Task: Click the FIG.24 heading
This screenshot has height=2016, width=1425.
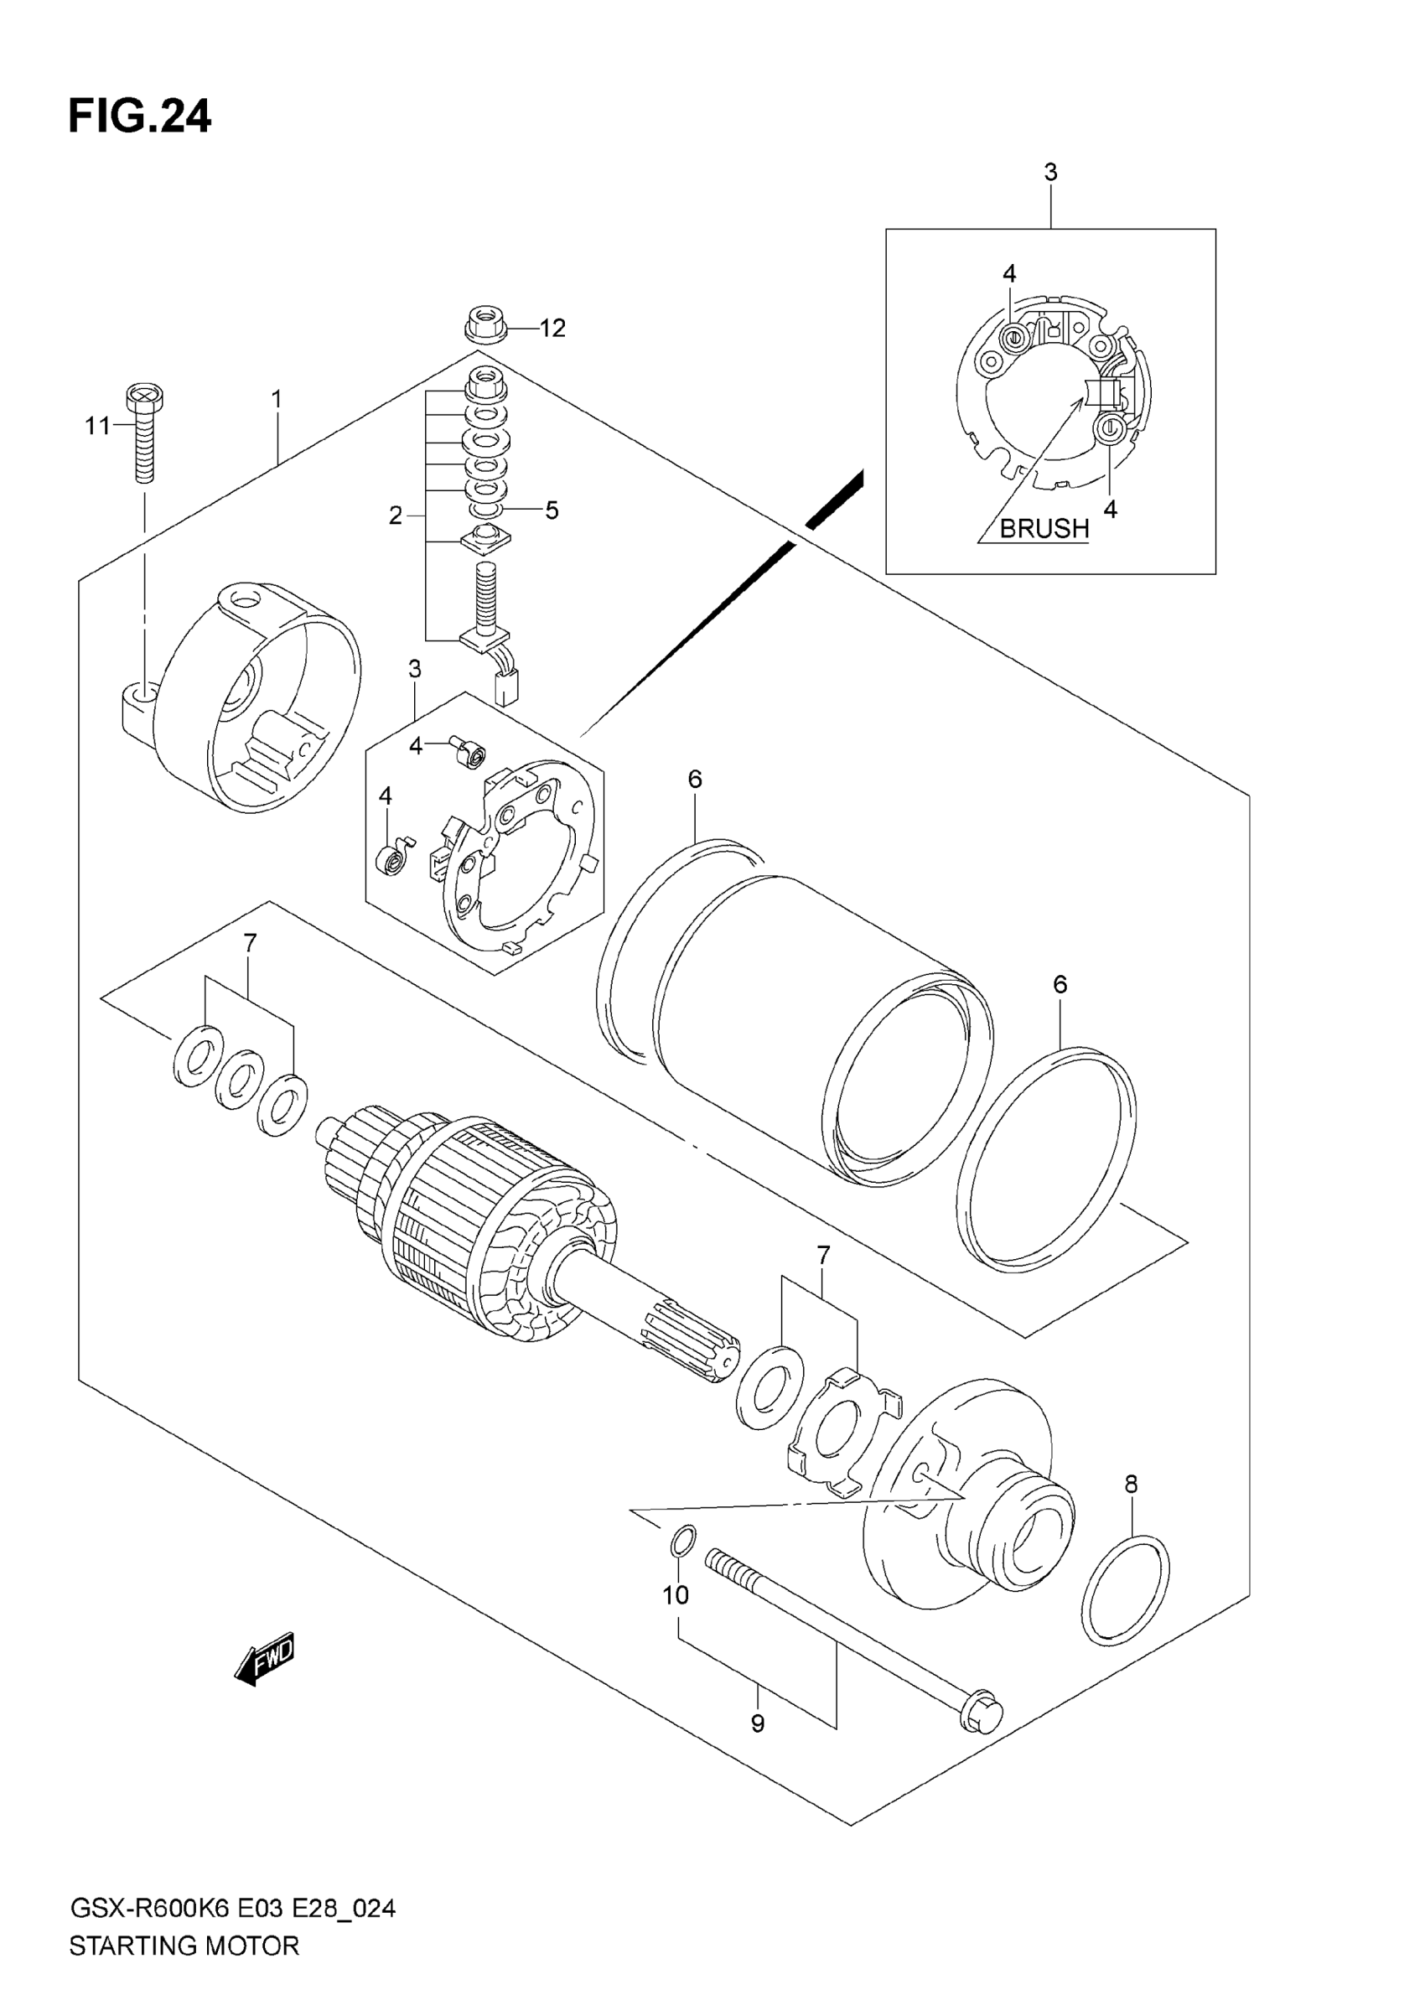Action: pos(140,116)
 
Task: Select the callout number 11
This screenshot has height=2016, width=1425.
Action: pos(97,426)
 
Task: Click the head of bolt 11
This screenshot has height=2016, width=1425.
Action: pos(145,399)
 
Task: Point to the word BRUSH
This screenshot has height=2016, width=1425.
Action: pos(1044,529)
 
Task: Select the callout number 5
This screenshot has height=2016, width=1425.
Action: pos(552,510)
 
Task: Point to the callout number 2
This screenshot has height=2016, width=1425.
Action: pos(396,516)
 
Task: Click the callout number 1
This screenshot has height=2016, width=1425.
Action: pos(277,400)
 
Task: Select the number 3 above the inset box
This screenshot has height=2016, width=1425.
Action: pos(1051,172)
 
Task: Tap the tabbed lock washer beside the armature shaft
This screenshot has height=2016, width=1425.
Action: pos(838,1437)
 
